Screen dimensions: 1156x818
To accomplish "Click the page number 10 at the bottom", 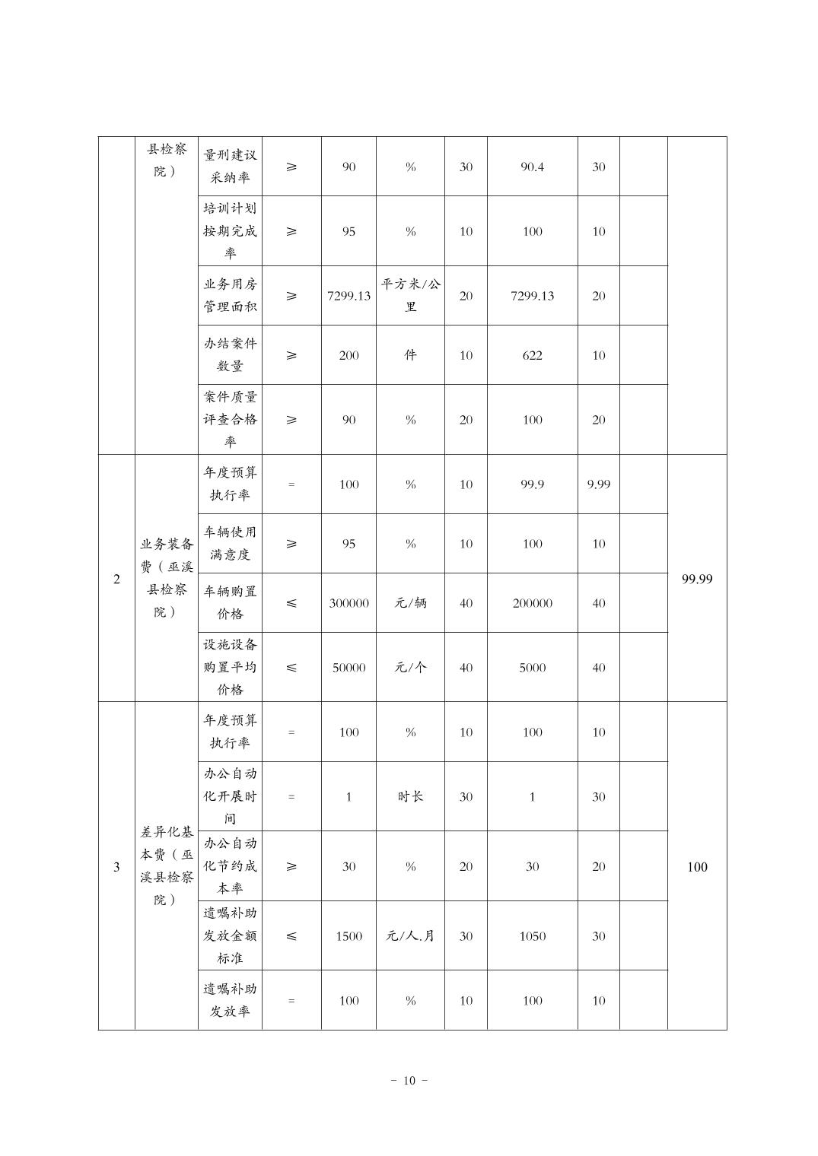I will click(x=409, y=1081).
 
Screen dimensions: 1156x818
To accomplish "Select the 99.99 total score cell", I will click(x=697, y=579).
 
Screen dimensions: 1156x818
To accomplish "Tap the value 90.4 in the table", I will click(x=532, y=167).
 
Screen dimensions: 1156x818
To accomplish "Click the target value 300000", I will click(x=349, y=603).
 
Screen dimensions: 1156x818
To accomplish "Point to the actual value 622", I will click(x=532, y=355).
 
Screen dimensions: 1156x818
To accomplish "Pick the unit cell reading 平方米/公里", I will click(x=410, y=296).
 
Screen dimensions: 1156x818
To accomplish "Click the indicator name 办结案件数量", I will click(x=230, y=355).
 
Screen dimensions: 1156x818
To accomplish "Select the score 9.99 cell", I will click(x=598, y=484).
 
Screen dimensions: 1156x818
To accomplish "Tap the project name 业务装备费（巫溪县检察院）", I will click(x=166, y=579).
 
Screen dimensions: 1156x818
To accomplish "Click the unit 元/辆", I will click(x=410, y=603).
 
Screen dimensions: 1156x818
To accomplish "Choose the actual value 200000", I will click(x=532, y=603).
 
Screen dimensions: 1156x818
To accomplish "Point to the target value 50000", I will click(x=349, y=668).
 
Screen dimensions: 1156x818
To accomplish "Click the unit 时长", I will click(x=410, y=796).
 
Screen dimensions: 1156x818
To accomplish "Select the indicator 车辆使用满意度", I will click(x=230, y=544).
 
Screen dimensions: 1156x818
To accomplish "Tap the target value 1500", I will click(x=349, y=936).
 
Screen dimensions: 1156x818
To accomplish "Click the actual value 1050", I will click(x=532, y=936).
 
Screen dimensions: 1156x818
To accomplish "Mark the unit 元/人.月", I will click(x=410, y=936).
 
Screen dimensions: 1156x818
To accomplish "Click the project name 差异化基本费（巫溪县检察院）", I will click(x=166, y=866).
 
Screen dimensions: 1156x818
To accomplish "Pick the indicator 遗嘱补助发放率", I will click(x=230, y=1000).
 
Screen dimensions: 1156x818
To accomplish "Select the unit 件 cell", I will click(x=410, y=355).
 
